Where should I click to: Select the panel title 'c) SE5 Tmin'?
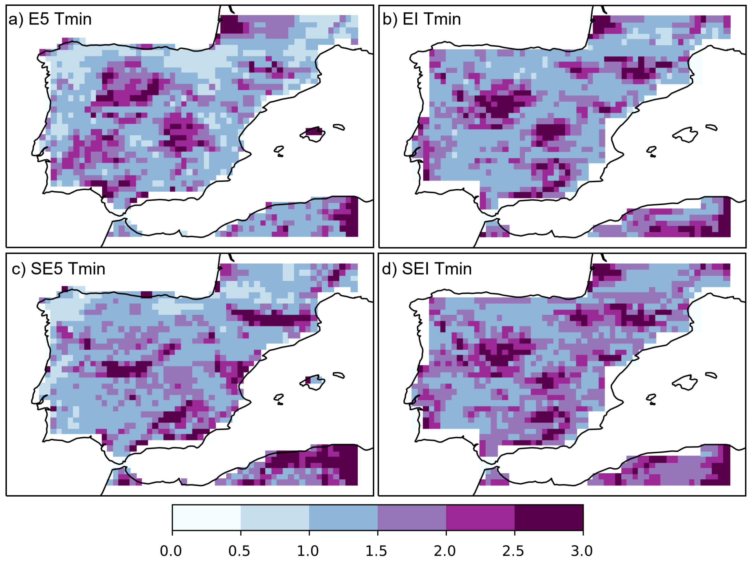[x=58, y=269]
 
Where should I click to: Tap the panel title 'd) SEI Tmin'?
[x=427, y=269]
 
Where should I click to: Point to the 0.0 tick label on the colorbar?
[x=171, y=551]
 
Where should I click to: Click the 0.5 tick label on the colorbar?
[x=239, y=551]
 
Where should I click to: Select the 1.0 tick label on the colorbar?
[x=308, y=551]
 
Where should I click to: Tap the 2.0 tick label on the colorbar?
[x=445, y=551]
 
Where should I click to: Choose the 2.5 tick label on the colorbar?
[x=513, y=551]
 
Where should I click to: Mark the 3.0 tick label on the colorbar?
[x=582, y=551]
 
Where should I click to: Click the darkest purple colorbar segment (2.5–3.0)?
[x=549, y=517]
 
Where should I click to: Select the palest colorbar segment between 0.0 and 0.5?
[x=206, y=517]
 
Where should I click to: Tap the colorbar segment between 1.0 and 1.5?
[x=343, y=517]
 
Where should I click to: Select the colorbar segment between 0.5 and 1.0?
[x=275, y=517]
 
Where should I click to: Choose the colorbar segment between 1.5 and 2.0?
[x=412, y=517]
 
